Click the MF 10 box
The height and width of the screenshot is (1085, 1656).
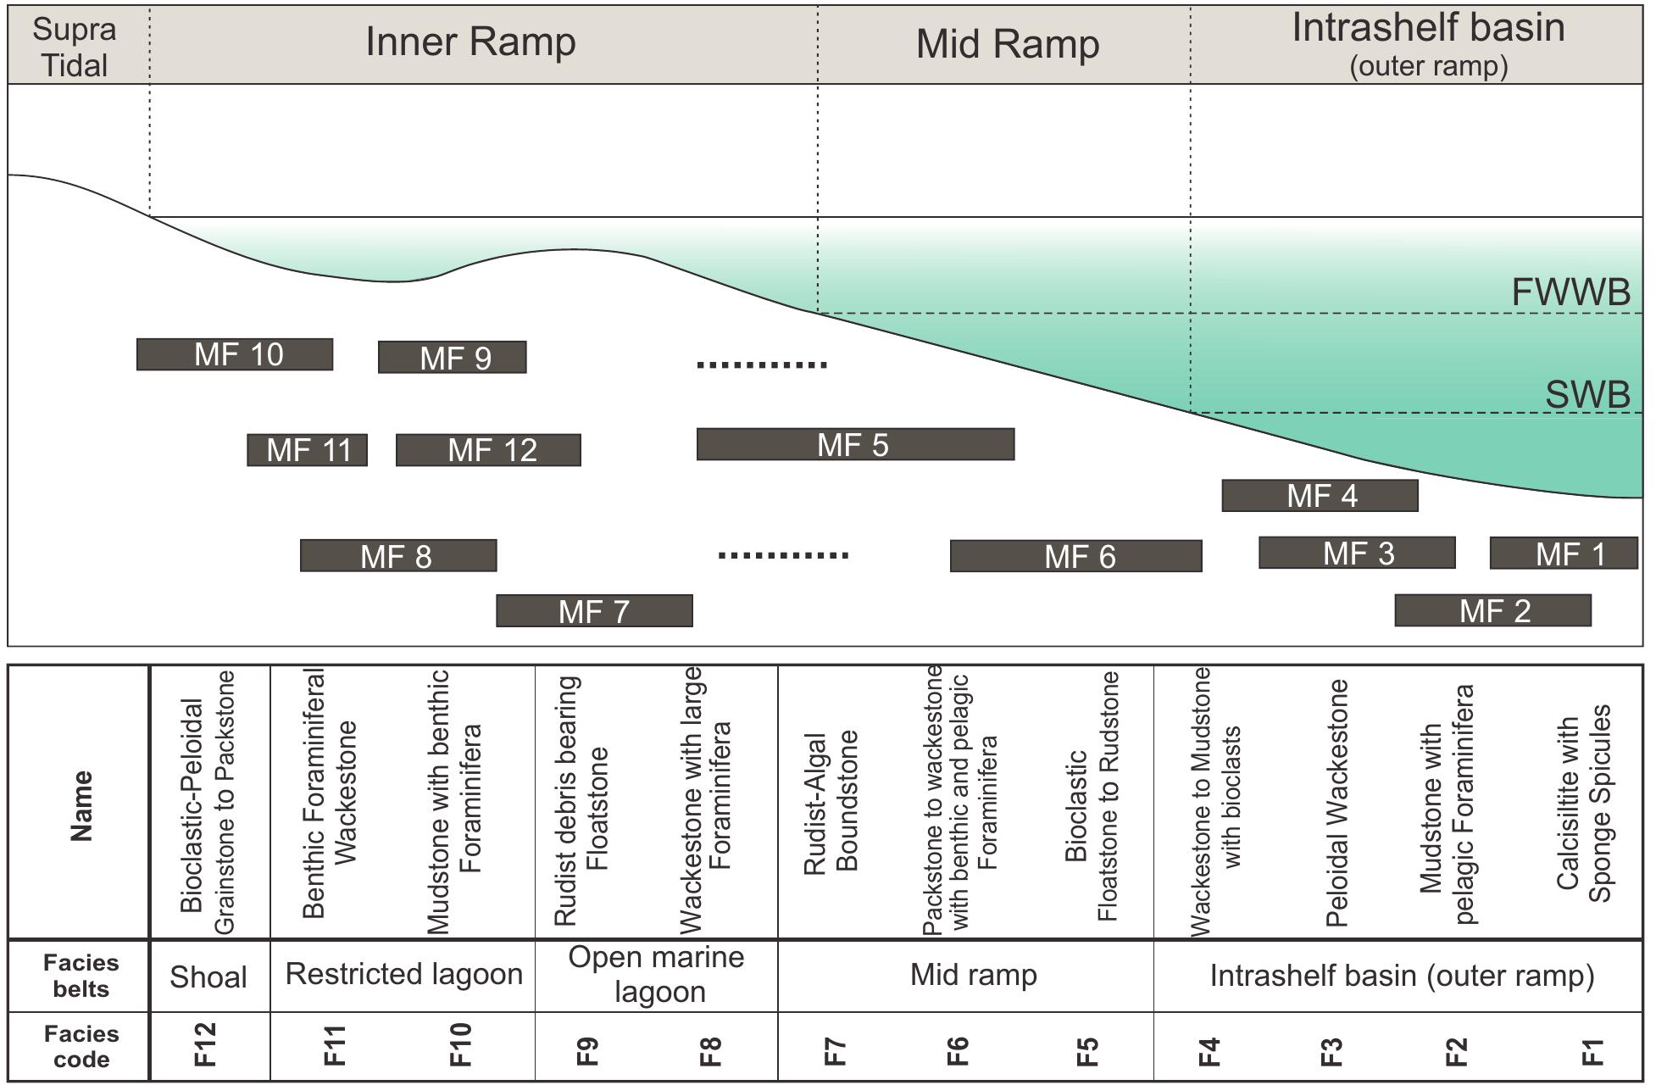click(x=235, y=354)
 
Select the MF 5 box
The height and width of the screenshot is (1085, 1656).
click(x=854, y=444)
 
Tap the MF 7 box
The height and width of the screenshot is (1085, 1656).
click(x=594, y=611)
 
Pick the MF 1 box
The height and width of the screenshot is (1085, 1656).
click(x=1563, y=554)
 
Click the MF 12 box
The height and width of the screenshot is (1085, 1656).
click(x=488, y=450)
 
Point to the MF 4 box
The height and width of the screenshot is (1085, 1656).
click(x=1320, y=496)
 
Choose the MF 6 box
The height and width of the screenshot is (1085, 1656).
click(x=1075, y=556)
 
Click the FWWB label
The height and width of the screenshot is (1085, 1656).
click(x=1570, y=292)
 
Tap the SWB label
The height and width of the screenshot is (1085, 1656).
click(x=1587, y=395)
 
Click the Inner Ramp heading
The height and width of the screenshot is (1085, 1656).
click(x=470, y=42)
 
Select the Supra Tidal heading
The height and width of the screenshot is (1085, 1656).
click(x=75, y=47)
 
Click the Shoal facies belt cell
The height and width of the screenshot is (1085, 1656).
click(x=208, y=976)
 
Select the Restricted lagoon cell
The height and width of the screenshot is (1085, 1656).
click(x=403, y=974)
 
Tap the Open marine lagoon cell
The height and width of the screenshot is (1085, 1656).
click(x=657, y=974)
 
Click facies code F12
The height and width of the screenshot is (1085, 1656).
click(x=208, y=1046)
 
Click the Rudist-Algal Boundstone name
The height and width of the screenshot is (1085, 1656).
click(x=831, y=801)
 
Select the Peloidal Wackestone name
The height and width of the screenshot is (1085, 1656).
click(x=1336, y=801)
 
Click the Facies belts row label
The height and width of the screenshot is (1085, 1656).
click(x=81, y=976)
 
